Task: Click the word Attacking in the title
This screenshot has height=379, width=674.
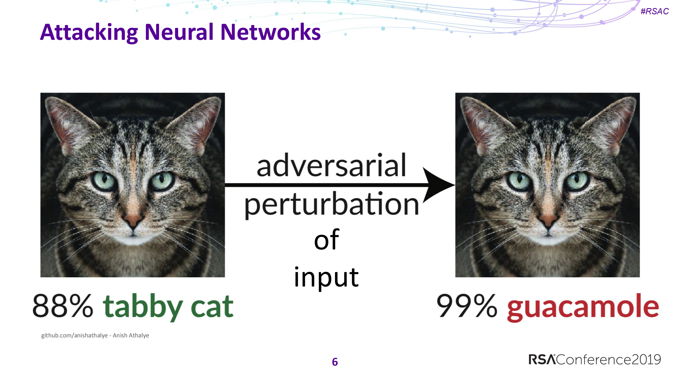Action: click(89, 33)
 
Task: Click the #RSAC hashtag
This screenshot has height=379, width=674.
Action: click(655, 11)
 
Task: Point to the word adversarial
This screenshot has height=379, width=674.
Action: click(331, 165)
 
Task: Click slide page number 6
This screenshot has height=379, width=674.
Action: click(335, 362)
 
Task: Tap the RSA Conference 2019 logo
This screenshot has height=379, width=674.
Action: click(595, 360)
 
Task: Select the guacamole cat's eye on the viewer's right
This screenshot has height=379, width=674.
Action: click(577, 181)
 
